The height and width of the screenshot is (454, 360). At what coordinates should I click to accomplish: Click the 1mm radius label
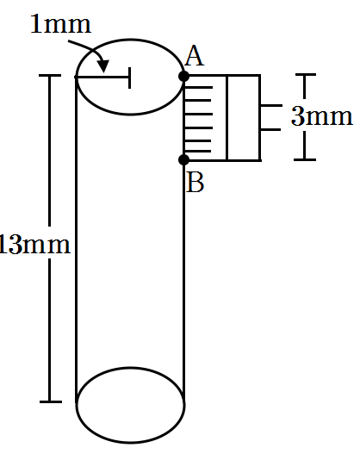click(x=61, y=24)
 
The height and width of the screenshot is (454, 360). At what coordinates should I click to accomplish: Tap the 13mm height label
click(x=34, y=245)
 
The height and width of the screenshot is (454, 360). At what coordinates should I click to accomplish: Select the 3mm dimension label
click(x=322, y=116)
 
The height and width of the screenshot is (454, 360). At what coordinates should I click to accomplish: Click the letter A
click(x=195, y=56)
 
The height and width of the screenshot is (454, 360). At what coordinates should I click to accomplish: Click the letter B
click(x=196, y=183)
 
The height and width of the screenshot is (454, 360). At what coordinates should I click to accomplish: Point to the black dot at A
click(x=184, y=77)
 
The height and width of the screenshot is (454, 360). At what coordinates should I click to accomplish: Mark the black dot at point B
click(x=184, y=159)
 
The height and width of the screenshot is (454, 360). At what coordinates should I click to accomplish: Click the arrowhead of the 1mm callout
click(x=103, y=65)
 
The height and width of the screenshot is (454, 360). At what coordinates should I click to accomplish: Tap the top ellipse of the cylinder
click(x=130, y=39)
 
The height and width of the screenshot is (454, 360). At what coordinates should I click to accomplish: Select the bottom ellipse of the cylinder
click(x=130, y=443)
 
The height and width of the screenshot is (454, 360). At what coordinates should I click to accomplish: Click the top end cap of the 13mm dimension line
click(x=50, y=76)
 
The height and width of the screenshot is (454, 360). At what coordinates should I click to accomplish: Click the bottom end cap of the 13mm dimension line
click(x=51, y=401)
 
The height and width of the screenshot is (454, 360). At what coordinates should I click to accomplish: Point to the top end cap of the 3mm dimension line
click(x=306, y=75)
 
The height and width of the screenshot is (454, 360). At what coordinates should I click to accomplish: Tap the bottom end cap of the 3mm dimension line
click(x=305, y=159)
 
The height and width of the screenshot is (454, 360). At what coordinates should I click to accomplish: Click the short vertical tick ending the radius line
click(x=130, y=78)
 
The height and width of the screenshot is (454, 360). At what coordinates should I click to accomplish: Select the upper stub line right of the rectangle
click(x=271, y=106)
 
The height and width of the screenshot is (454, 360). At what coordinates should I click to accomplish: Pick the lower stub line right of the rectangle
click(x=270, y=129)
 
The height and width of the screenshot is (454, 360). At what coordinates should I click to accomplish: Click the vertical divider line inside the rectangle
click(x=227, y=117)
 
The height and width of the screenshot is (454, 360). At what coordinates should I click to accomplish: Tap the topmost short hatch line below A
click(x=199, y=87)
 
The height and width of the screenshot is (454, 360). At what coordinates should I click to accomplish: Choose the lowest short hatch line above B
click(x=198, y=151)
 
